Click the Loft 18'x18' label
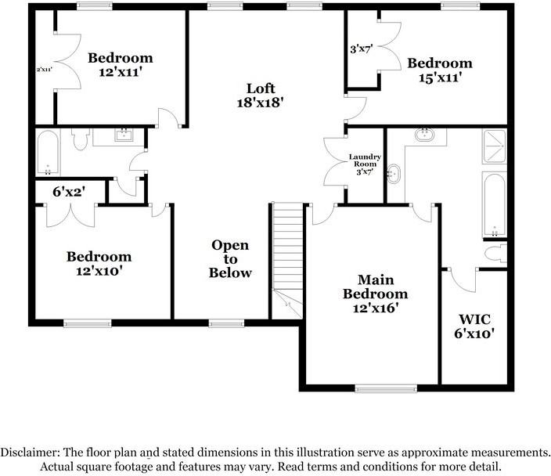[x=260, y=95]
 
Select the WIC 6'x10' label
[x=475, y=326]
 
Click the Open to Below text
[x=230, y=259]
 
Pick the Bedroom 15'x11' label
[x=439, y=70]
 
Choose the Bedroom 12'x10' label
[x=99, y=264]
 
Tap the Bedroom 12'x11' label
[x=120, y=64]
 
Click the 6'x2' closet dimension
[x=69, y=190]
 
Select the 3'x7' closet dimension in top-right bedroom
[x=360, y=49]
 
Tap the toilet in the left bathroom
[x=80, y=139]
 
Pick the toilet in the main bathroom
[x=495, y=254]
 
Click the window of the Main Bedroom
[x=386, y=388]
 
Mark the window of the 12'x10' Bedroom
[x=87, y=322]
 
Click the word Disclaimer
[x=36, y=453]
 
